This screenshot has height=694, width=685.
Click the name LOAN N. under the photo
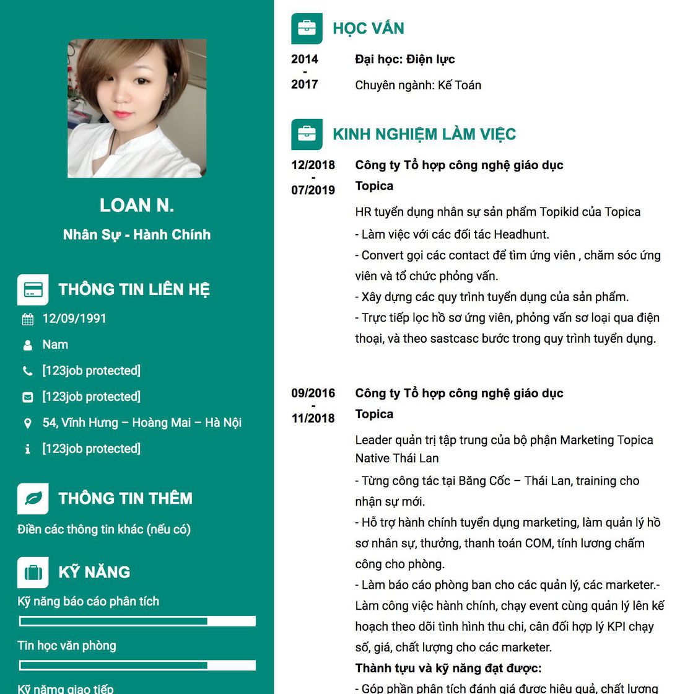click(x=137, y=205)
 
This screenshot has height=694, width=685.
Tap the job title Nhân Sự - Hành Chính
click(x=137, y=235)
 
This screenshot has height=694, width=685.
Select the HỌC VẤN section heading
click(x=368, y=29)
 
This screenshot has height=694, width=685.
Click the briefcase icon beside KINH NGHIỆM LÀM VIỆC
click(x=307, y=134)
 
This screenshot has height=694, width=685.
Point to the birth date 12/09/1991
click(x=74, y=318)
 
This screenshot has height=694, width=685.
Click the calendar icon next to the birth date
click(x=28, y=320)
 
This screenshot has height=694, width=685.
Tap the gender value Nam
click(x=55, y=345)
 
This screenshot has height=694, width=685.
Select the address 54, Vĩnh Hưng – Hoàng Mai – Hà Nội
click(x=142, y=423)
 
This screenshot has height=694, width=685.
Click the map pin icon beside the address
click(x=27, y=423)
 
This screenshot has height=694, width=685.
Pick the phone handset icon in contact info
click(x=27, y=371)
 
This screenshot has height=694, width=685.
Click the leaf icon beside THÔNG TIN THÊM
click(x=33, y=499)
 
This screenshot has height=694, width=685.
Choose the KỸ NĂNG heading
click(x=94, y=572)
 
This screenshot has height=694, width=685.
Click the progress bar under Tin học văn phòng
click(x=137, y=665)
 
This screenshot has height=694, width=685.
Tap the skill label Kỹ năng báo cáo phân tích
click(x=88, y=601)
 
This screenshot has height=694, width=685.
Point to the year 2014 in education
click(x=305, y=59)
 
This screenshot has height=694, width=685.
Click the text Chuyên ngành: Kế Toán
click(x=418, y=86)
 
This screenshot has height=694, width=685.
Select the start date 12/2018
click(x=313, y=165)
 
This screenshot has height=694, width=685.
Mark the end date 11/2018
click(x=313, y=418)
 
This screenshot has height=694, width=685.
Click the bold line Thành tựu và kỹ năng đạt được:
click(x=448, y=668)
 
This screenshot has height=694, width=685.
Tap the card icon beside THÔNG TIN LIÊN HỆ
click(x=33, y=290)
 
